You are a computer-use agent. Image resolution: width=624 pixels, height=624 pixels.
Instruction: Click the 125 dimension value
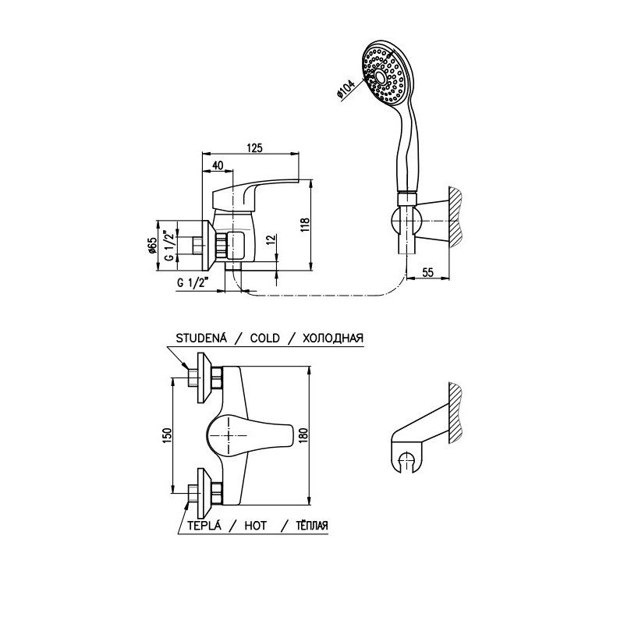pos(255,147)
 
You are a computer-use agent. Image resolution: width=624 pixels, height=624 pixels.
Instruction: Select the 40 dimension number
pos(218,165)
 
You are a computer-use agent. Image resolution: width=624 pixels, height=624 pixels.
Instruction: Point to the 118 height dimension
pos(305,225)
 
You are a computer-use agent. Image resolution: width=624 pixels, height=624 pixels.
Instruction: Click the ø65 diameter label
pos(151,246)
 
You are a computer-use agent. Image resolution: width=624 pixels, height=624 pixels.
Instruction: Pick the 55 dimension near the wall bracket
pos(427,272)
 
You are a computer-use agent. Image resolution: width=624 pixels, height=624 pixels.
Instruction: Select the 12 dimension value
pos(271,239)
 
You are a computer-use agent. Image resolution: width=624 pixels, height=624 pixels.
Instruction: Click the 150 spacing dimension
pos(167,436)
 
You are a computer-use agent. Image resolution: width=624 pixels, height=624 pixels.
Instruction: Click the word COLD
pos(264,339)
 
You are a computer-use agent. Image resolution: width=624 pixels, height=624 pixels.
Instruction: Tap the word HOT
pos(256,525)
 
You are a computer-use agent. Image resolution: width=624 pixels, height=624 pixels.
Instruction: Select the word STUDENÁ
pos(201,338)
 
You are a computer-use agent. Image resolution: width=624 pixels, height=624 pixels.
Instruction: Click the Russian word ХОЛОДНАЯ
pos(333,339)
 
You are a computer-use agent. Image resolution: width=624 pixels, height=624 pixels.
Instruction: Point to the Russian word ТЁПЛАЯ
pos(312,525)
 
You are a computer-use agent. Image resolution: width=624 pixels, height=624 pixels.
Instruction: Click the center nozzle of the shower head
pos(380,76)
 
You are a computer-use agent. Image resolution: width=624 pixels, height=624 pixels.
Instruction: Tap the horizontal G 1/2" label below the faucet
pos(193,283)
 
